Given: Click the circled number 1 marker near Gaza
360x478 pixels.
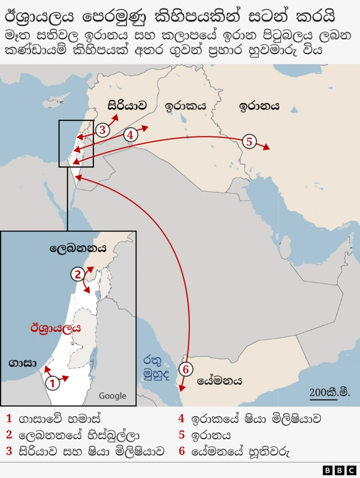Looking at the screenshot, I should [x=52, y=384].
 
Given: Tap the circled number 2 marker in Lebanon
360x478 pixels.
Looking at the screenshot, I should [x=78, y=274].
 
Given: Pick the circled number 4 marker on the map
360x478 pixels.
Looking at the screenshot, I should [x=130, y=135].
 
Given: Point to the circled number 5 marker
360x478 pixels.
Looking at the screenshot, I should [x=250, y=141].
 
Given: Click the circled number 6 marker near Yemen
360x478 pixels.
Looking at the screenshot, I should [x=187, y=369].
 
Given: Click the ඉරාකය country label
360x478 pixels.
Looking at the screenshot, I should [x=185, y=105].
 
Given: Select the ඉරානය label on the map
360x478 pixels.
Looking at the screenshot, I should [x=259, y=105].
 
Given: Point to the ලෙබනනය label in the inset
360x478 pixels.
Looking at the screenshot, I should [x=78, y=247].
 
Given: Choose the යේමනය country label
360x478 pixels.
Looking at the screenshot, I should [x=219, y=381].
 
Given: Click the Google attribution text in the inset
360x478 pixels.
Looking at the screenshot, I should [x=112, y=396].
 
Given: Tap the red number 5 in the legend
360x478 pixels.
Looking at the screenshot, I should [x=181, y=435].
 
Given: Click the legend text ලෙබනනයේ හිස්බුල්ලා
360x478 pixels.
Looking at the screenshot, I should [x=79, y=435].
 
